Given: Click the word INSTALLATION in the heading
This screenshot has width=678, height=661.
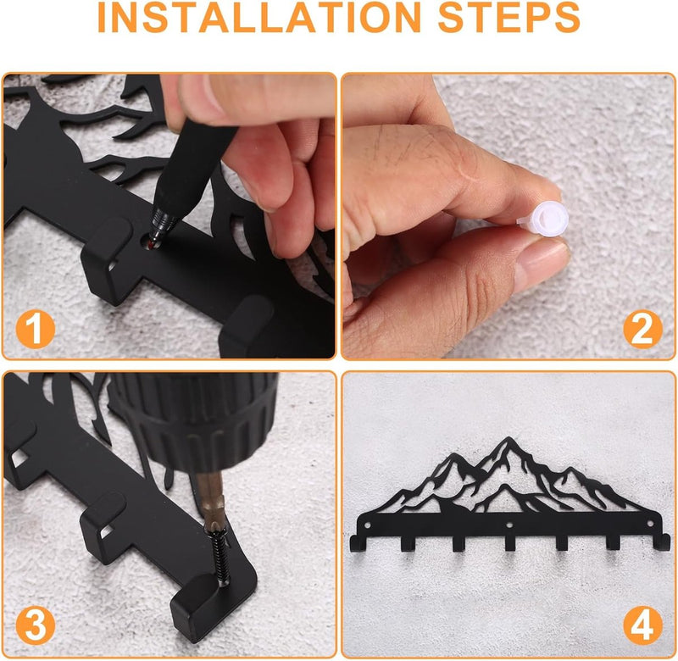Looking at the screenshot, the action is click(259, 17).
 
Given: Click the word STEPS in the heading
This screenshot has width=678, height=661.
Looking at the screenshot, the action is click(509, 17).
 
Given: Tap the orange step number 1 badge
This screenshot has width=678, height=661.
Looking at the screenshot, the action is click(36, 329).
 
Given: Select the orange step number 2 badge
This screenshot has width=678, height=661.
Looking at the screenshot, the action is click(642, 330).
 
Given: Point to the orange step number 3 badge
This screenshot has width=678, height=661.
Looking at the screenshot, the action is click(36, 626).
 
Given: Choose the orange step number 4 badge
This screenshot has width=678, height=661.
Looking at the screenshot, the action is click(642, 626).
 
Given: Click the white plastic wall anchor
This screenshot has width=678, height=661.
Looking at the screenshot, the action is click(541, 219).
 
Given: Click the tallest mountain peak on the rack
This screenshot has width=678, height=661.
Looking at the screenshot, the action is click(508, 439).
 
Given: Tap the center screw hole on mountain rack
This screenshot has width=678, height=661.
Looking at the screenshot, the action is click(509, 525).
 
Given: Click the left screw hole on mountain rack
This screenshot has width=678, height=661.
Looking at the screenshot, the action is click(367, 525).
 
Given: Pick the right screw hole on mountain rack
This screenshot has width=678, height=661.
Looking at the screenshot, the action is click(650, 524).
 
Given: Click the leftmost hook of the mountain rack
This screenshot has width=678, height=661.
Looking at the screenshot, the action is click(358, 544).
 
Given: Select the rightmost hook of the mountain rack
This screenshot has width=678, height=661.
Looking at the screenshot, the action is click(662, 542).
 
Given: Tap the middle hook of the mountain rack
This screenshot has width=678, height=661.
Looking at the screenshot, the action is click(510, 543).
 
